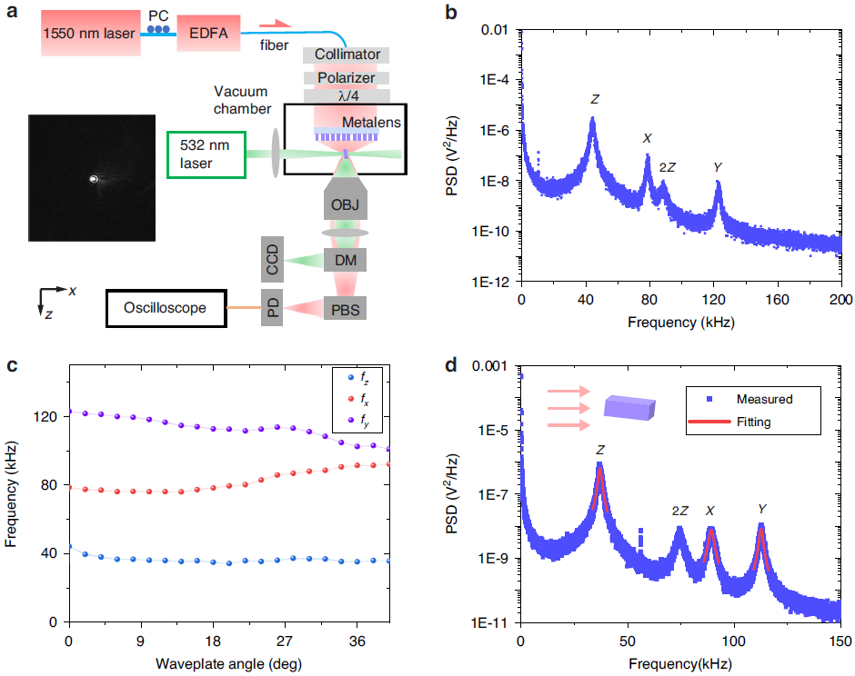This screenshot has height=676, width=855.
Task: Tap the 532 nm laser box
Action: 206,154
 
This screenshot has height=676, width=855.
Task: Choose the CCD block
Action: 271,262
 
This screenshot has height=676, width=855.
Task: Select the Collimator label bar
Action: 347,55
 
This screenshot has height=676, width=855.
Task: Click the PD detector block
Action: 271,309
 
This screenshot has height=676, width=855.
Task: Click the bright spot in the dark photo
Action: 93,179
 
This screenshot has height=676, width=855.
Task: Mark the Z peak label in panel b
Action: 595,98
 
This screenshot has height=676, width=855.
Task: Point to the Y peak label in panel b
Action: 718,167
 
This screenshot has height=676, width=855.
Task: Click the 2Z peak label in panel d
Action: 679,512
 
